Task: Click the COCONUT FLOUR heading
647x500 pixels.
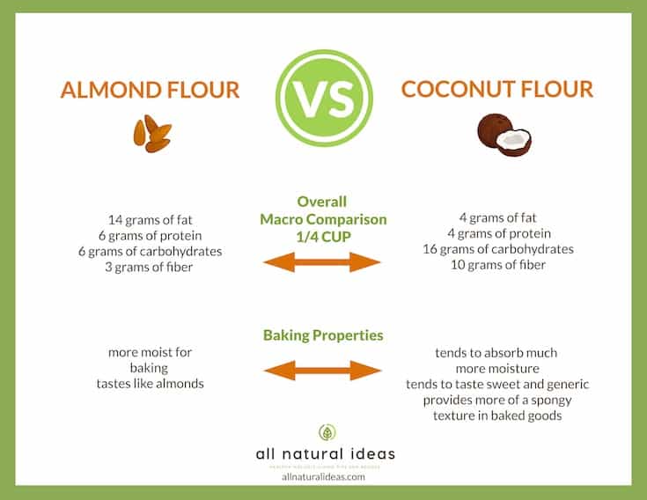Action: [x=496, y=90]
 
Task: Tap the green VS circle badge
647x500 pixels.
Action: [x=323, y=90]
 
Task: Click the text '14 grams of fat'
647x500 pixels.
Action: [x=150, y=217]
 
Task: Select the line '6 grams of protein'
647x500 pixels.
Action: [x=150, y=234]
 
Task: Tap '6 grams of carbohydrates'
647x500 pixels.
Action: [x=150, y=251]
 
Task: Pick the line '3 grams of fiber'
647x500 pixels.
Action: [x=150, y=267]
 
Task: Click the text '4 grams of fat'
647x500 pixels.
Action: [x=498, y=217]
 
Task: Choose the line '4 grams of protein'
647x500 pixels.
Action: [x=498, y=233]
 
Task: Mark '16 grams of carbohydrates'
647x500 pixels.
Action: [x=498, y=249]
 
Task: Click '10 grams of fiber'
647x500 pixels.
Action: [x=498, y=265]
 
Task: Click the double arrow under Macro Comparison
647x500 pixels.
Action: [x=322, y=261]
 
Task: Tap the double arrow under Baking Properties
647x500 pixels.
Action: [x=322, y=370]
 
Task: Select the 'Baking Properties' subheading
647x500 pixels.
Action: [x=322, y=335]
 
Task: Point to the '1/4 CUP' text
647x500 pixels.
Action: [x=322, y=235]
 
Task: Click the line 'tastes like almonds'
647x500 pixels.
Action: [x=150, y=384]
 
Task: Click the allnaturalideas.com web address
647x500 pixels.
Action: [x=323, y=476]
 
